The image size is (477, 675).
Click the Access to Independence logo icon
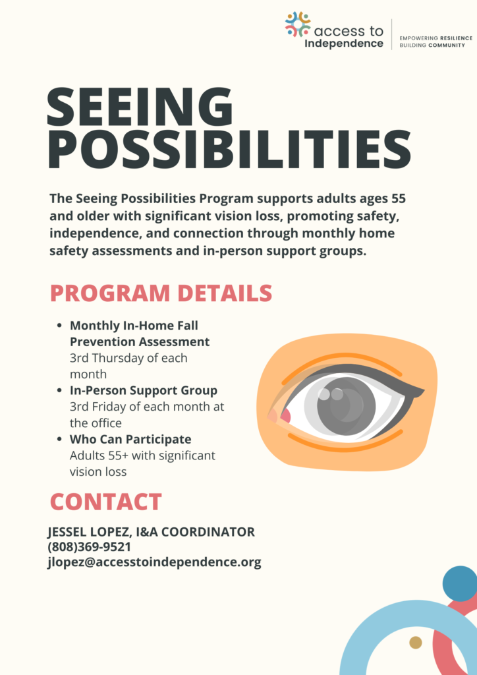pos(298,24)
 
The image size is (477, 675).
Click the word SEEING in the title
pos(140,107)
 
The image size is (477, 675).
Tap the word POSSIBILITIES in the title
pos(229,150)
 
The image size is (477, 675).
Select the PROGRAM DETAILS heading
pos(161,293)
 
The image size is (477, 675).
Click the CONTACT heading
pos(105,502)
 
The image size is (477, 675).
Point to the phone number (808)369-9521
pos(89,547)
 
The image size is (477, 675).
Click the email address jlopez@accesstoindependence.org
pos(154,562)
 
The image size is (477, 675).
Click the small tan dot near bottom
pos(415,642)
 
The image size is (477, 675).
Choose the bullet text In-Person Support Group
pos(144,390)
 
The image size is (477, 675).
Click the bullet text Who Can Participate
pos(130,439)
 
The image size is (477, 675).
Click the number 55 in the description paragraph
pos(399,198)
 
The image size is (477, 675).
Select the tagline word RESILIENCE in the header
pos(453,38)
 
